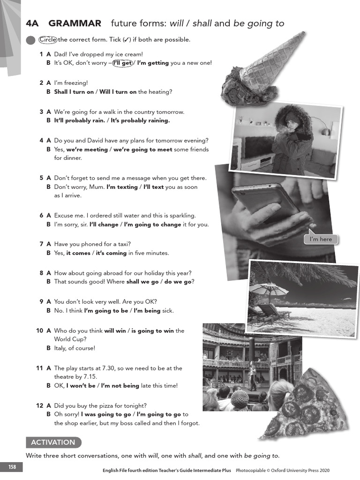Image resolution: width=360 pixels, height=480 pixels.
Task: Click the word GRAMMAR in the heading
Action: (75, 23)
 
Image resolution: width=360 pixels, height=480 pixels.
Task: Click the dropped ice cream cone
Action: (263, 66)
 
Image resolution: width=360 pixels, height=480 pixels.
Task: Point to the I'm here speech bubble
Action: (321, 240)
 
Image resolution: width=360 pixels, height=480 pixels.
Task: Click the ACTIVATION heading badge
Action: (53, 442)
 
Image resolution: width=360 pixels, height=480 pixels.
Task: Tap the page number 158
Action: (11, 467)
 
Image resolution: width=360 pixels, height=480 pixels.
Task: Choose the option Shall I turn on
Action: (74, 92)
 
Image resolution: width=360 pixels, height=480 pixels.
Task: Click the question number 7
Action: (41, 244)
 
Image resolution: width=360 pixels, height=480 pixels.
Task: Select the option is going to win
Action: (152, 331)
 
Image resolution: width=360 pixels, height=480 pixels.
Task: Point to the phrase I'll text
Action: (151, 187)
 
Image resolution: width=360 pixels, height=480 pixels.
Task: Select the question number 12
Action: (40, 406)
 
